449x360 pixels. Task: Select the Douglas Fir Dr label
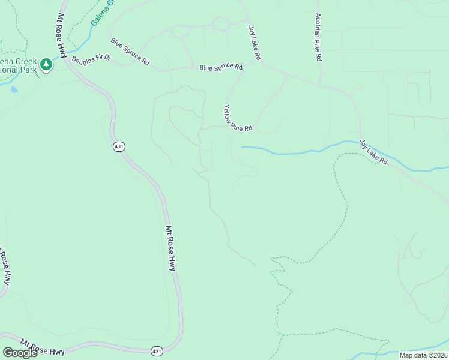91,61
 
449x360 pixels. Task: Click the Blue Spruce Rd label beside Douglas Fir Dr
130,52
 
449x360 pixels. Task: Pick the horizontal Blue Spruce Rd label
221,67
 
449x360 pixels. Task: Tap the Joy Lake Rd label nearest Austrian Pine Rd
255,42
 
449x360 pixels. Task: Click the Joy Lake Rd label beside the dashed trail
374,153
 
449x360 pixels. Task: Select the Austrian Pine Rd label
318,38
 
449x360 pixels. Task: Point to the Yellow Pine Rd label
237,118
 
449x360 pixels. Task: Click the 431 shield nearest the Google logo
157,351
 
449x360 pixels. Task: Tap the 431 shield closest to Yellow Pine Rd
118,146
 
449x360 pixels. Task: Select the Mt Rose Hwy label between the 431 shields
170,247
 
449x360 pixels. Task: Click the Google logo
20,353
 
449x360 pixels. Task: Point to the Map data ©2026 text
423,355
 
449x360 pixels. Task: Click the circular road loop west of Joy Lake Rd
221,24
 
